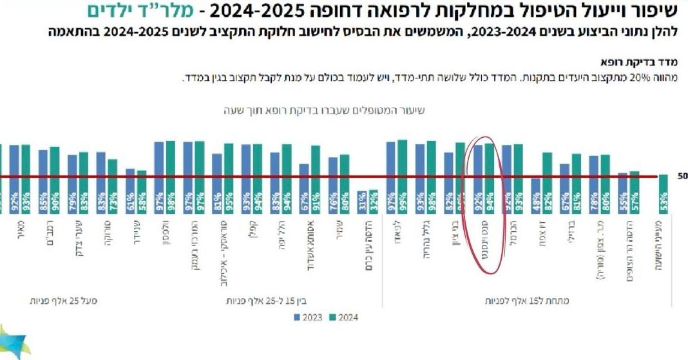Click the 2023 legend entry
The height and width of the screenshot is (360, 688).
pos(307,317)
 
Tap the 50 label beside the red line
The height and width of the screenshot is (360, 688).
pos(681,176)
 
